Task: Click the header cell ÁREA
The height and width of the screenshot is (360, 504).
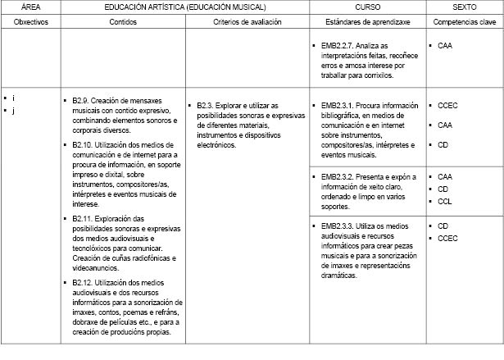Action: coord(31,7)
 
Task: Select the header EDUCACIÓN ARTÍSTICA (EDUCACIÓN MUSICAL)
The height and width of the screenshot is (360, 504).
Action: coord(185,7)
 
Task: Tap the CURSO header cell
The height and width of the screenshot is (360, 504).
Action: coord(366,7)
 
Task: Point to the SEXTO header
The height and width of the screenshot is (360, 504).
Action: coord(464,7)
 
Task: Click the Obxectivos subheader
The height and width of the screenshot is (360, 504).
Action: coord(31,21)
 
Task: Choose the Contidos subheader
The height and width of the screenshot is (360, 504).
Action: coord(123,21)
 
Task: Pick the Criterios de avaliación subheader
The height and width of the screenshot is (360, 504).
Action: coord(247,21)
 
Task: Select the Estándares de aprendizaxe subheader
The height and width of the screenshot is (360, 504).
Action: coord(366,21)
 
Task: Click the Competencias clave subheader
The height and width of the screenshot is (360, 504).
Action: coord(464,21)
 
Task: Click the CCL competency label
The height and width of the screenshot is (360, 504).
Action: coord(445,201)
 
